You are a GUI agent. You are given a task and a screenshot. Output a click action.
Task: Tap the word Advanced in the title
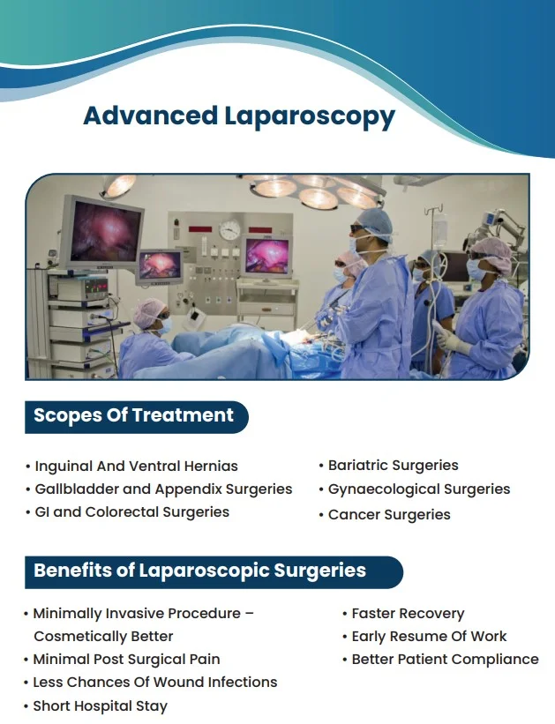click(150, 116)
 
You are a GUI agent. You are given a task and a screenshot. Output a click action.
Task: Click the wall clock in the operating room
click(230, 230)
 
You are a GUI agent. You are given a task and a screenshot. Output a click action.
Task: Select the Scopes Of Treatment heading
click(134, 416)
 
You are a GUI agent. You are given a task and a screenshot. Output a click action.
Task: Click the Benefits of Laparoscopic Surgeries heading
click(199, 571)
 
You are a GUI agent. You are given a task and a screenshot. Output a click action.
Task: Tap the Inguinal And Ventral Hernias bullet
click(136, 466)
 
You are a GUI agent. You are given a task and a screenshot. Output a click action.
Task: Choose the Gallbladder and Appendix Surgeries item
click(163, 489)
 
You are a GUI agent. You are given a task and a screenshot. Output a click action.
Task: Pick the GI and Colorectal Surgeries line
click(132, 511)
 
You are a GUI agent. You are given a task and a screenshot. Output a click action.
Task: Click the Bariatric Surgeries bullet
click(393, 465)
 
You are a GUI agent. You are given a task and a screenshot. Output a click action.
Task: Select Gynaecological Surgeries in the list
click(418, 489)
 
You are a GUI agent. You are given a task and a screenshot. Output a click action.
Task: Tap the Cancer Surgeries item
click(389, 514)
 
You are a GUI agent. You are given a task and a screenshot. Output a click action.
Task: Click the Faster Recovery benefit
click(408, 613)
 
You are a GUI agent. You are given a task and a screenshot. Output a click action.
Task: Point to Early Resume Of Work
click(429, 636)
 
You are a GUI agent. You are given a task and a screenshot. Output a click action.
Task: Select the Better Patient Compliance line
click(445, 659)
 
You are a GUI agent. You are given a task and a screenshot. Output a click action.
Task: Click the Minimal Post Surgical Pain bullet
click(126, 659)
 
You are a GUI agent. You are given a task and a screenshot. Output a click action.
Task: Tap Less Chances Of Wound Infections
click(154, 682)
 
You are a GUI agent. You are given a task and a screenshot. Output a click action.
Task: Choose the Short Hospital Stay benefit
click(100, 705)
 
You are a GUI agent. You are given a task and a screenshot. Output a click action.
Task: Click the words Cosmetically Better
click(103, 636)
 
